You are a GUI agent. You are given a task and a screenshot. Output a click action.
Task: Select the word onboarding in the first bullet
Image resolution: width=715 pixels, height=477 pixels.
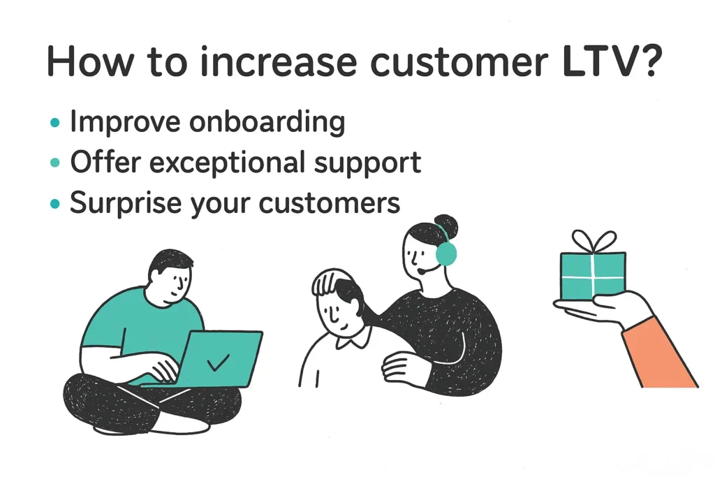coord(268,123)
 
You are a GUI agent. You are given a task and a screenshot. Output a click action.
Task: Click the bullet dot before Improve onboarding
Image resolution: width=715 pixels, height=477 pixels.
coord(54,124)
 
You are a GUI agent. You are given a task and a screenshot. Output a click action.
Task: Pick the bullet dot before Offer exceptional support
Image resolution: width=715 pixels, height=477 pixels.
coord(54,163)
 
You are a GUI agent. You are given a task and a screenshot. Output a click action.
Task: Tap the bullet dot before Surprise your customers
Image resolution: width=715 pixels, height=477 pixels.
coord(54,203)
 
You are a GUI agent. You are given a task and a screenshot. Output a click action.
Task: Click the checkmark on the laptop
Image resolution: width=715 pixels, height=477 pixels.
coord(219,362)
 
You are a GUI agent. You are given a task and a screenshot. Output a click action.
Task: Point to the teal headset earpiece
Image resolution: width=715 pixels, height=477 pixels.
coord(446,253)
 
